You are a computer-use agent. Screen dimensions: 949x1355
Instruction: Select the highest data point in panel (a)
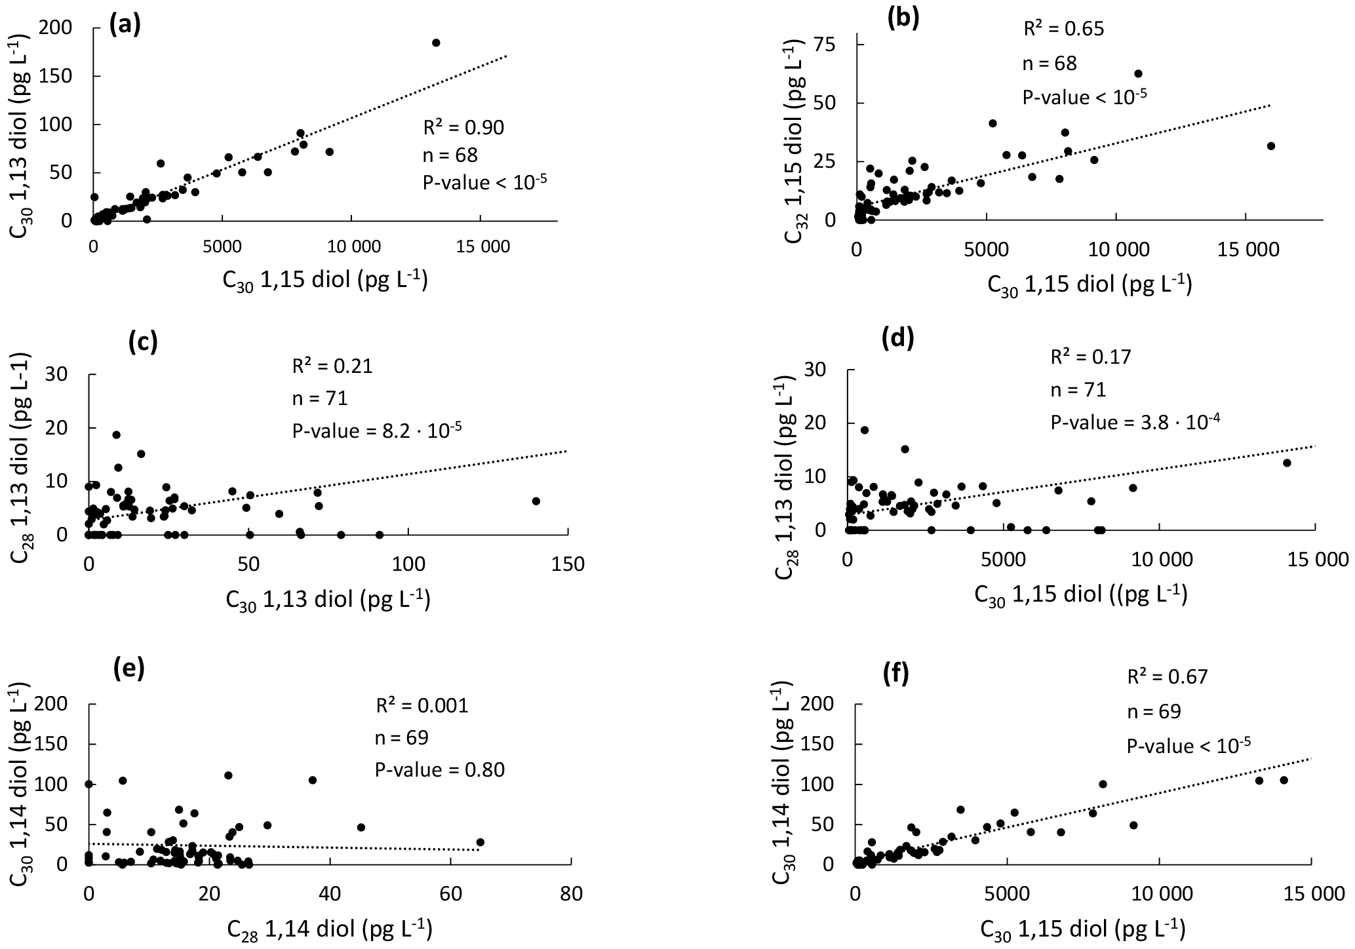pos(436,43)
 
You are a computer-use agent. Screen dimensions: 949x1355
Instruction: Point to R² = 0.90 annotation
pos(463,127)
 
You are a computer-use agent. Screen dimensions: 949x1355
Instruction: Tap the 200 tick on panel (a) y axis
pos(66,28)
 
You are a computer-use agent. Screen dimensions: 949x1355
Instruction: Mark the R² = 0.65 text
pos(1063,29)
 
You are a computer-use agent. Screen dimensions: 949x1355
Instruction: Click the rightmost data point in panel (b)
pos(1271,145)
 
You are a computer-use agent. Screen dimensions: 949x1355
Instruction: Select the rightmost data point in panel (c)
pos(536,501)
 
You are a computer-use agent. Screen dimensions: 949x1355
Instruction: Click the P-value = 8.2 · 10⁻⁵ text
pos(377,430)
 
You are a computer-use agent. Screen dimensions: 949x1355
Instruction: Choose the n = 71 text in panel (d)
pos(1078,391)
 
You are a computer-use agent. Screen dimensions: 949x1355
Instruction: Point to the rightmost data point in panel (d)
pos(1287,463)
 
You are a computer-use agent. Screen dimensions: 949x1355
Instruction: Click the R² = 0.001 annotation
pos(422,706)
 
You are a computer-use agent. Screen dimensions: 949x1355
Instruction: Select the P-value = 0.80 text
pos(440,769)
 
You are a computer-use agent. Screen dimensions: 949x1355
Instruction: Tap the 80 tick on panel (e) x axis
pos(571,893)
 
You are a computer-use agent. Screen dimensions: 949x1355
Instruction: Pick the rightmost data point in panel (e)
pos(481,842)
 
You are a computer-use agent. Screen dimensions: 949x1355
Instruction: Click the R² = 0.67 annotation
pos(1167,676)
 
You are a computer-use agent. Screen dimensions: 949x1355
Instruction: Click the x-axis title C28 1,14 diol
pos(330,929)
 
